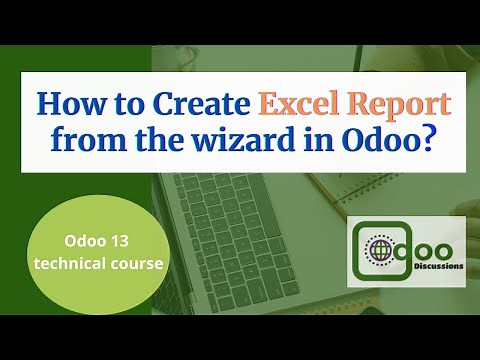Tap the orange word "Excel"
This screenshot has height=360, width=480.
click(x=297, y=105)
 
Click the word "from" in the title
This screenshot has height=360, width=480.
click(x=80, y=142)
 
